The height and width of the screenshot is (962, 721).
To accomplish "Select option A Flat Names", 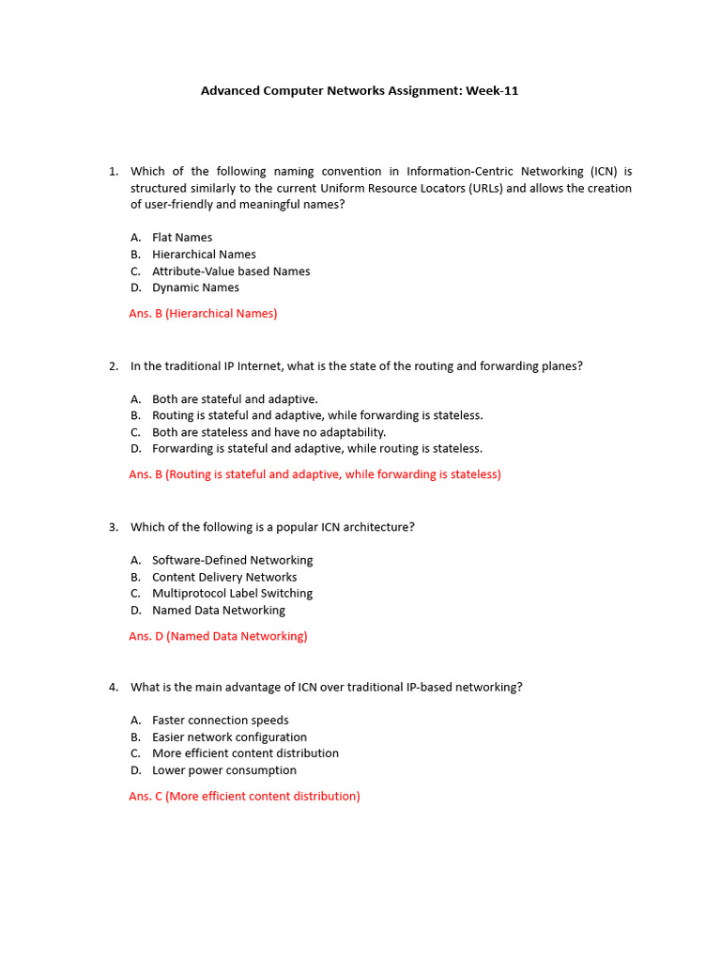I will [x=182, y=238].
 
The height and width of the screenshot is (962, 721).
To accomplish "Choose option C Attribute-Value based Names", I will [x=231, y=272].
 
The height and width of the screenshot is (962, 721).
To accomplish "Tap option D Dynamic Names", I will [x=195, y=287].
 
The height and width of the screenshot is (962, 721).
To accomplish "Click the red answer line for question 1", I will [x=203, y=314].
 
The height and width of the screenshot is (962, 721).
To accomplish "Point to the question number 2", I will [x=114, y=366].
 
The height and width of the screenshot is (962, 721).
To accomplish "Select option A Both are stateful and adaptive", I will [x=235, y=399].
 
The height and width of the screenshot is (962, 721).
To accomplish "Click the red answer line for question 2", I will [x=314, y=474].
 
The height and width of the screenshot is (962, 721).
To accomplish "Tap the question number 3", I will [x=114, y=527].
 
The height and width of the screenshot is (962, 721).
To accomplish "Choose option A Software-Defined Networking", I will [x=232, y=560].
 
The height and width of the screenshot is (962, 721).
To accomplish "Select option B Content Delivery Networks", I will [x=224, y=577].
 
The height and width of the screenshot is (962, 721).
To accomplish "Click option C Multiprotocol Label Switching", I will [x=232, y=594].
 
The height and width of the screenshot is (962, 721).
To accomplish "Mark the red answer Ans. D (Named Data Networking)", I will [x=218, y=636].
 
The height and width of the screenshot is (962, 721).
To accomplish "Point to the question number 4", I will [x=114, y=688].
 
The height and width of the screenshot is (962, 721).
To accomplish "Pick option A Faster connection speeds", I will [x=220, y=721].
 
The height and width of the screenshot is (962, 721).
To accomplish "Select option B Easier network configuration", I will [x=229, y=737].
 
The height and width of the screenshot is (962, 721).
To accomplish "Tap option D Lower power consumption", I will [x=223, y=770].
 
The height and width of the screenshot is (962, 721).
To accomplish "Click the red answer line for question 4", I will [x=244, y=797].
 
